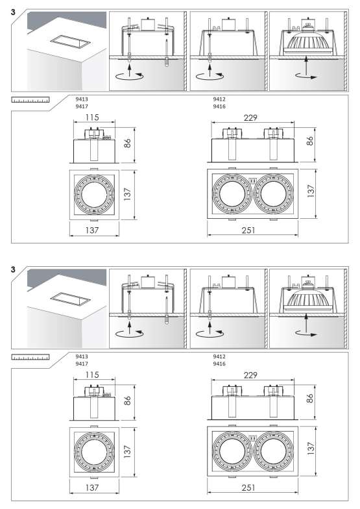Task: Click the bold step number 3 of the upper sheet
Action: point(13,12)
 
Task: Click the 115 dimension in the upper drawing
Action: point(92,118)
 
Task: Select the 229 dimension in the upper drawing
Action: point(250,118)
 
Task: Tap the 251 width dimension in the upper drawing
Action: point(248,230)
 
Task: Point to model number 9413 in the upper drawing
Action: point(82,99)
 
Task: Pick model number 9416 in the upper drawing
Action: point(219,106)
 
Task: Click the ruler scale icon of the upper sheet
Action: point(30,100)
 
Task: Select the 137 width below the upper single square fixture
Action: point(92,230)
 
